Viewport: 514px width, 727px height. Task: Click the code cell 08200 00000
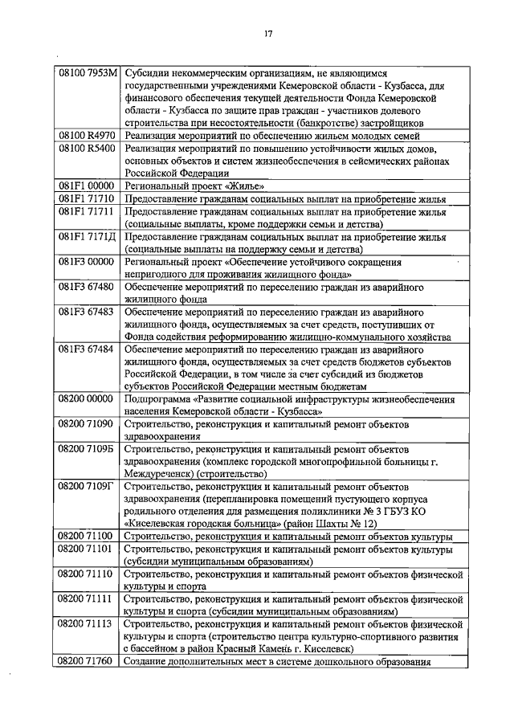(88, 398)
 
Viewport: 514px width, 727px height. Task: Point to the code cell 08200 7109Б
(88, 447)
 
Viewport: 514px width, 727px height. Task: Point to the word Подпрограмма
(158, 398)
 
